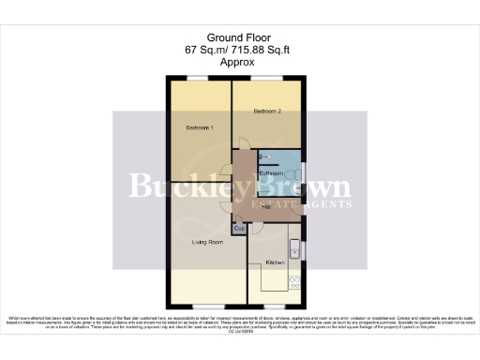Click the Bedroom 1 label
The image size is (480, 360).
[x=199, y=127]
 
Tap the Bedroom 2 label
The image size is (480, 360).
[x=268, y=111]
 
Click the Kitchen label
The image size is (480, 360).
[x=275, y=262]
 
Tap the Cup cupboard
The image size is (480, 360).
[x=239, y=228]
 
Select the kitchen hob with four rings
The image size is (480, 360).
[x=295, y=281]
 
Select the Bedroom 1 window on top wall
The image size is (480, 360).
[x=199, y=77]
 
